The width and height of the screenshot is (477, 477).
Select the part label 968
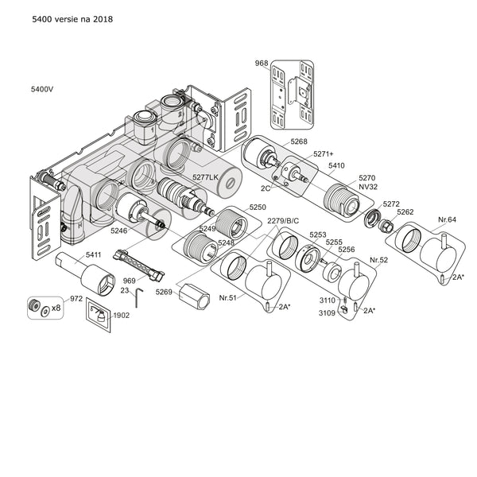261,63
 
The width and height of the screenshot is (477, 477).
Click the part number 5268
298,141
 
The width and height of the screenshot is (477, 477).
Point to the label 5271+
323,153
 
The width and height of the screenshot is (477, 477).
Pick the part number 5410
336,165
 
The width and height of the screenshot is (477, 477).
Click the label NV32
366,186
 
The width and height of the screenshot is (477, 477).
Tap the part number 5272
391,204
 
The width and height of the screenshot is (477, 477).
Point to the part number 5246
118,231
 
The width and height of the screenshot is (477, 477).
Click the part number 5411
94,254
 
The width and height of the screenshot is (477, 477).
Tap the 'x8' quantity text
56,308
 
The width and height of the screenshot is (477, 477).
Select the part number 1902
122,315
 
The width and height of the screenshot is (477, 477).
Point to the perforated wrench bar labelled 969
140,264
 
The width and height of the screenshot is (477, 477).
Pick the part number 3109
328,312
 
